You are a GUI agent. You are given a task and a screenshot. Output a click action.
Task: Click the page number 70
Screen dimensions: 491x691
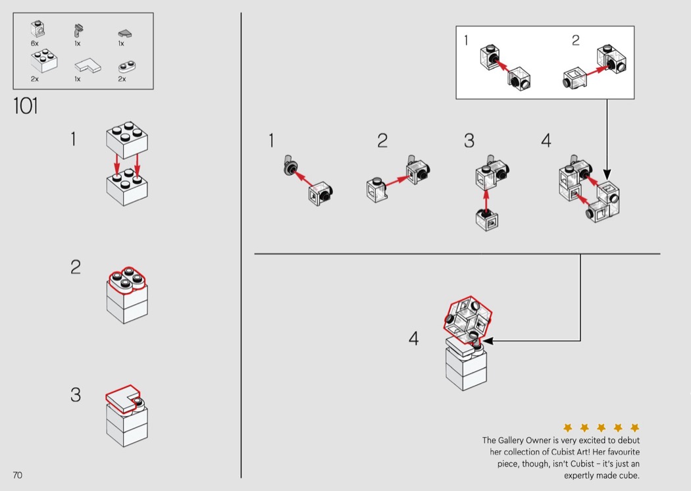pos(17,475)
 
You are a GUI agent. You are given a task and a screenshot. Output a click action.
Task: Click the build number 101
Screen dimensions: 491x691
pos(26,106)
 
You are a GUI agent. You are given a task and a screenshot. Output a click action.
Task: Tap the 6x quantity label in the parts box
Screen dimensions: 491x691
pos(34,43)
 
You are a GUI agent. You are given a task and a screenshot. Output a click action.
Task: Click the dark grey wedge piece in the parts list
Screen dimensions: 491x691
pos(125,32)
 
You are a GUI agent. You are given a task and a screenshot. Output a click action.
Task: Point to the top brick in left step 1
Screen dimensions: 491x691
pos(126,137)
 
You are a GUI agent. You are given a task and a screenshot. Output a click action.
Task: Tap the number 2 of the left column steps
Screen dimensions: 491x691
pos(76,267)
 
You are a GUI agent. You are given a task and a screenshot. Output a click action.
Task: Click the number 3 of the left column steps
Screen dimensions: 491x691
pos(76,395)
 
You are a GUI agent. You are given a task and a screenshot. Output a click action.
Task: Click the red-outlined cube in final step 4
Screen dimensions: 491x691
pos(468,319)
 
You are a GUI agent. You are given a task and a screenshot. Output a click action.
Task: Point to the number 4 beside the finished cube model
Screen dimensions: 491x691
pos(413,338)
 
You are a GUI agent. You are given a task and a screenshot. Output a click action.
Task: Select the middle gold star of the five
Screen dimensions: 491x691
pos(601,428)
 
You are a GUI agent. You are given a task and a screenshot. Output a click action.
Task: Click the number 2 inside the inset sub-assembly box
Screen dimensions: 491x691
pos(575,41)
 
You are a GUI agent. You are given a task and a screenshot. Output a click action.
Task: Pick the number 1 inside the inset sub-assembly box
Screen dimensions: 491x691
pos(467,41)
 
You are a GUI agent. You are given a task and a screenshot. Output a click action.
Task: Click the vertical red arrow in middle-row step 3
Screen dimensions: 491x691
pos(486,199)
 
